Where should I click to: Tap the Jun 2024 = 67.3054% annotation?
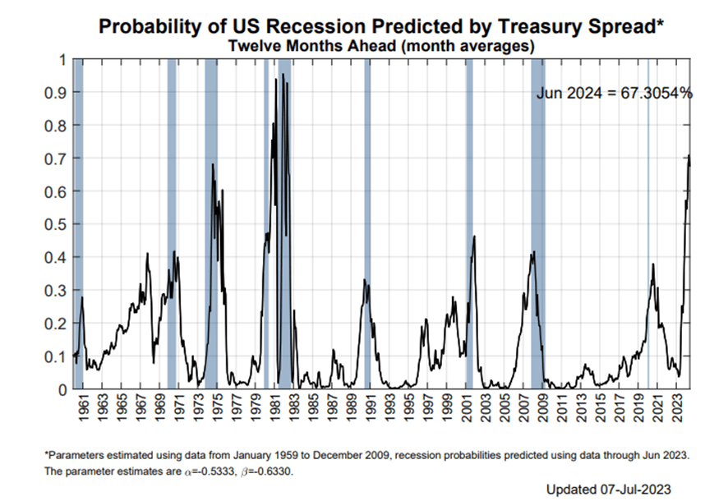click(x=614, y=94)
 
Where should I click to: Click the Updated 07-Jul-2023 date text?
click(x=613, y=490)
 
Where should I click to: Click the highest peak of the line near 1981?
click(x=283, y=75)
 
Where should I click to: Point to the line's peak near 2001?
click(x=474, y=237)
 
